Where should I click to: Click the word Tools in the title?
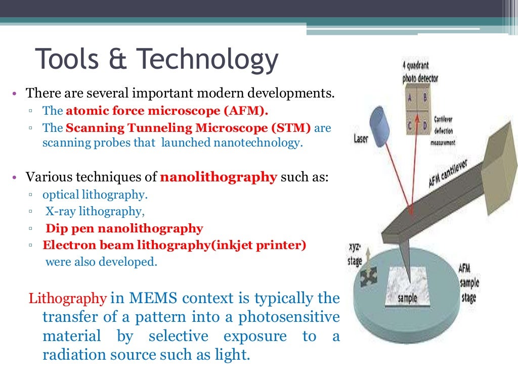65,59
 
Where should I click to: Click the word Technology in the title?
207,60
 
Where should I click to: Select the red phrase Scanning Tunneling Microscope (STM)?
188,128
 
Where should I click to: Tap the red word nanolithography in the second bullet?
219,177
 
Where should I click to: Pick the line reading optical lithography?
95,195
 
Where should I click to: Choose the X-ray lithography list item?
93,211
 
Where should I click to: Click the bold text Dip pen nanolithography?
124,228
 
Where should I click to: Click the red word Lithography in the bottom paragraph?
68,298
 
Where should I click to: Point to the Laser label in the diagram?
361,138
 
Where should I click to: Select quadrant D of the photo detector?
424,125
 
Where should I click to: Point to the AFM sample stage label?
468,283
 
